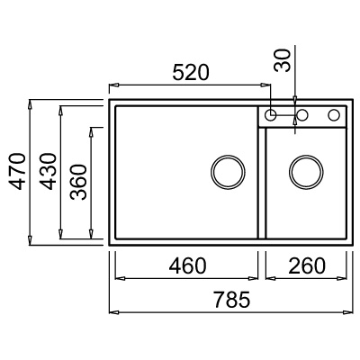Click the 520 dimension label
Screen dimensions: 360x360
coord(191,72)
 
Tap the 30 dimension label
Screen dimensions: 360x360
coord(283,60)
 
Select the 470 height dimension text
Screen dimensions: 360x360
coord(16,171)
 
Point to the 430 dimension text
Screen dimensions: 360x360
coord(48,171)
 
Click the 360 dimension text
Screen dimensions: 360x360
coord(78,182)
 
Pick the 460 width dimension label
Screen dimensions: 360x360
coord(187,265)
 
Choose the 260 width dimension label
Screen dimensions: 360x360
coord(307,265)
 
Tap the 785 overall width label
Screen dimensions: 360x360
coord(232,300)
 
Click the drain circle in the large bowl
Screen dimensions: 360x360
coord(228,172)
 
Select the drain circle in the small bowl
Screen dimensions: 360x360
coord(306,172)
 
